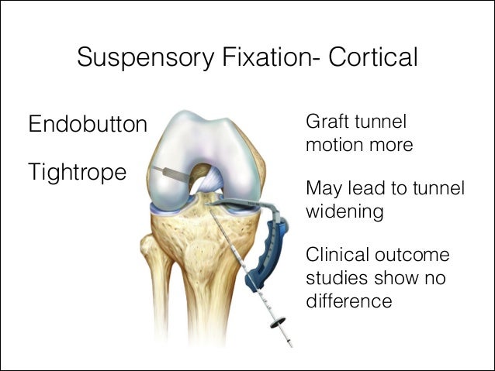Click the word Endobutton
click(88, 124)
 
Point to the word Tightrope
click(77, 172)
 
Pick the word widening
click(344, 211)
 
